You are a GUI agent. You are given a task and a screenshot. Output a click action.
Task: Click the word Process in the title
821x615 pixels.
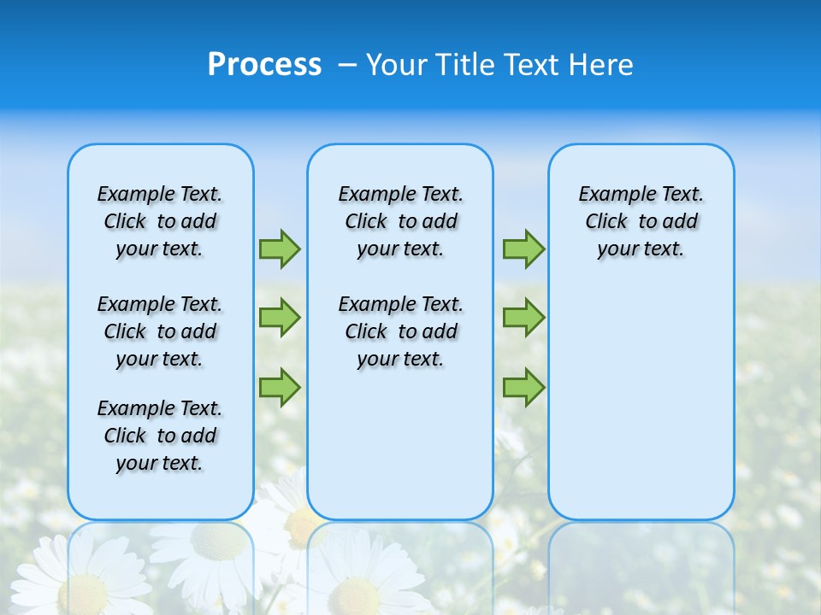264,65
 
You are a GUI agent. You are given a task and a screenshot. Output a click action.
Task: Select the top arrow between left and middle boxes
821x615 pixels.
280,249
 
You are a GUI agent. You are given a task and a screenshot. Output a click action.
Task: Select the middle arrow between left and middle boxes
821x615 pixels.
280,318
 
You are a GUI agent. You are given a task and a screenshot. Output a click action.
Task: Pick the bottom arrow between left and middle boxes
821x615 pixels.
280,387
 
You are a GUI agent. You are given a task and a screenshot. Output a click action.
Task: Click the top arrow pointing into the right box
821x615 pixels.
523,249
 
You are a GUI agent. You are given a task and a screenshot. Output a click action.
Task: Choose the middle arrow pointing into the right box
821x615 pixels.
523,318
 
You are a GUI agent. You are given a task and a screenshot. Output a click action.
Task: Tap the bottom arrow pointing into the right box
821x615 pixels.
523,387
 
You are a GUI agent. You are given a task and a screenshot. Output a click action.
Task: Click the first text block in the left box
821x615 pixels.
160,221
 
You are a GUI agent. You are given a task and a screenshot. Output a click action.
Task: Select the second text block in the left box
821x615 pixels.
160,331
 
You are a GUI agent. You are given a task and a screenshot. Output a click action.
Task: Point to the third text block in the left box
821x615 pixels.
160,436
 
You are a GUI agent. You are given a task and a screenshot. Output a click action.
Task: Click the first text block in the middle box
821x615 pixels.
400,221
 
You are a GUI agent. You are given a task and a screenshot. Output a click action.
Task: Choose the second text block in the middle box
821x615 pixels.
400,331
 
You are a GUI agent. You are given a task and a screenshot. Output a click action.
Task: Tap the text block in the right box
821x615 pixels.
641,221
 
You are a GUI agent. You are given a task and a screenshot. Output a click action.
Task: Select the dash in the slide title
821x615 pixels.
347,65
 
